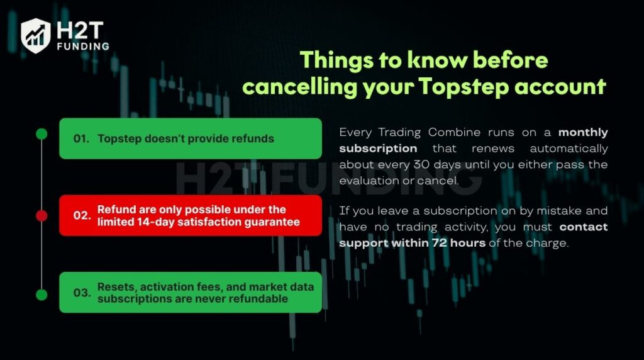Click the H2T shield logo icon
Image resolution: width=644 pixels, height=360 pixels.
tap(35, 35)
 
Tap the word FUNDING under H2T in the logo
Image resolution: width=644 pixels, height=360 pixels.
tap(82, 46)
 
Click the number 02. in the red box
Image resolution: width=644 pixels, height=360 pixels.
tap(82, 215)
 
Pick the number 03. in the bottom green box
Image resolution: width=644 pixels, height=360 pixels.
tap(82, 293)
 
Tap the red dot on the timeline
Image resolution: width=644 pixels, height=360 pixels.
tap(42, 216)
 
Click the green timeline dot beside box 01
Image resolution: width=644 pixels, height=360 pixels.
tap(42, 133)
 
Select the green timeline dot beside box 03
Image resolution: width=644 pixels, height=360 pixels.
tap(42, 295)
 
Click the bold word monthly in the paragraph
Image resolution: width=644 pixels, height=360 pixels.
tap(584, 133)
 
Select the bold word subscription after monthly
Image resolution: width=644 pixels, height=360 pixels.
tap(378, 149)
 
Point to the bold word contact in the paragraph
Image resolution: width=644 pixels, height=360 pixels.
tap(584, 227)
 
